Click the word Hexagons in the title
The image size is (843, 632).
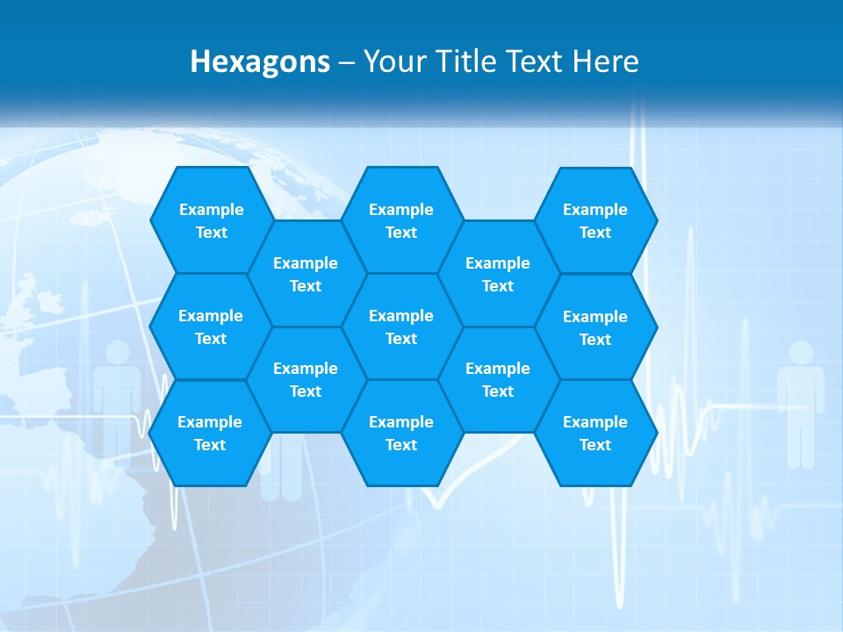[x=260, y=61]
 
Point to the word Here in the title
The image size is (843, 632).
[x=606, y=61]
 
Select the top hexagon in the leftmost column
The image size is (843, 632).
[x=211, y=220]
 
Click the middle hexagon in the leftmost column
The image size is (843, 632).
[x=211, y=327]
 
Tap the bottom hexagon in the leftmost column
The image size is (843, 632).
[x=210, y=433]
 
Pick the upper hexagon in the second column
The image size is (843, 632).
[x=306, y=274]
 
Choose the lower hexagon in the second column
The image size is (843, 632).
[x=306, y=379]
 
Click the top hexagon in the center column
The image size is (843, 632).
[x=401, y=220]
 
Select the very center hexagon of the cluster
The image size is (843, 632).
[x=401, y=327]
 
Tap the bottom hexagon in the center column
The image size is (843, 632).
[x=401, y=433]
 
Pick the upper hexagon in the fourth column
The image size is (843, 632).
[x=498, y=274]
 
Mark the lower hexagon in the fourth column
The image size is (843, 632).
[x=498, y=379]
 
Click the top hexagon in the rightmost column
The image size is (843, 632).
[x=595, y=220]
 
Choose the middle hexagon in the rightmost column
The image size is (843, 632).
[x=595, y=327]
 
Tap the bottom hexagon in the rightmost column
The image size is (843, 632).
[x=595, y=433]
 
